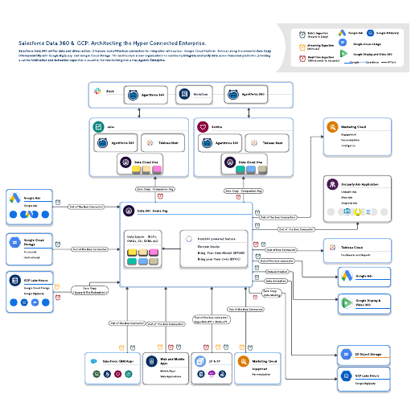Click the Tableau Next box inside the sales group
[162, 142]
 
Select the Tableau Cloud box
[357, 249]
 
